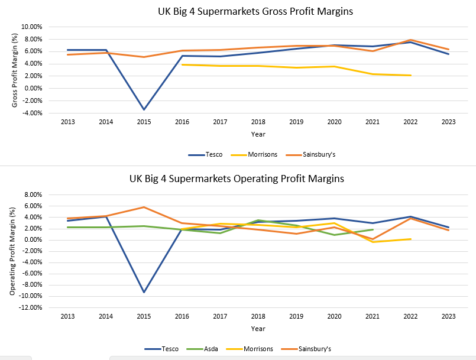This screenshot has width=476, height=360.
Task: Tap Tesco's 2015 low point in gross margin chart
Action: pyautogui.click(x=144, y=109)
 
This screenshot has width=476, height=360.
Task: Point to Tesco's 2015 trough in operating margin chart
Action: pyautogui.click(x=144, y=292)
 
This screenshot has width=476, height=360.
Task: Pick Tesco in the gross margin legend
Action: pyautogui.click(x=213, y=154)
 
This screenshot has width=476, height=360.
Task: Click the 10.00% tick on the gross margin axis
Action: pyautogui.click(x=31, y=27)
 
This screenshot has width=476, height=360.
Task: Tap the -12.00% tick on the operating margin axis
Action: pyautogui.click(x=30, y=307)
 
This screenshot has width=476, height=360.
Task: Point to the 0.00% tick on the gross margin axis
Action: pyautogui.click(x=33, y=88)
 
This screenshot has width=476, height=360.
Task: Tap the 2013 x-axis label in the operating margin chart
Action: pyautogui.click(x=67, y=316)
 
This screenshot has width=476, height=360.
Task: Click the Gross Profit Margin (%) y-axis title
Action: pyautogui.click(x=15, y=69)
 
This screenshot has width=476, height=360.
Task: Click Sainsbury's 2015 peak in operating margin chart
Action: pyautogui.click(x=144, y=207)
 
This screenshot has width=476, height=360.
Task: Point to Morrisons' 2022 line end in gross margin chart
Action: pyautogui.click(x=410, y=75)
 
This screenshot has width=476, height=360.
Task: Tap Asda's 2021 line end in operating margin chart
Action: pyautogui.click(x=373, y=229)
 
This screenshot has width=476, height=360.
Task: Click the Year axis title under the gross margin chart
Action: pyautogui.click(x=258, y=134)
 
